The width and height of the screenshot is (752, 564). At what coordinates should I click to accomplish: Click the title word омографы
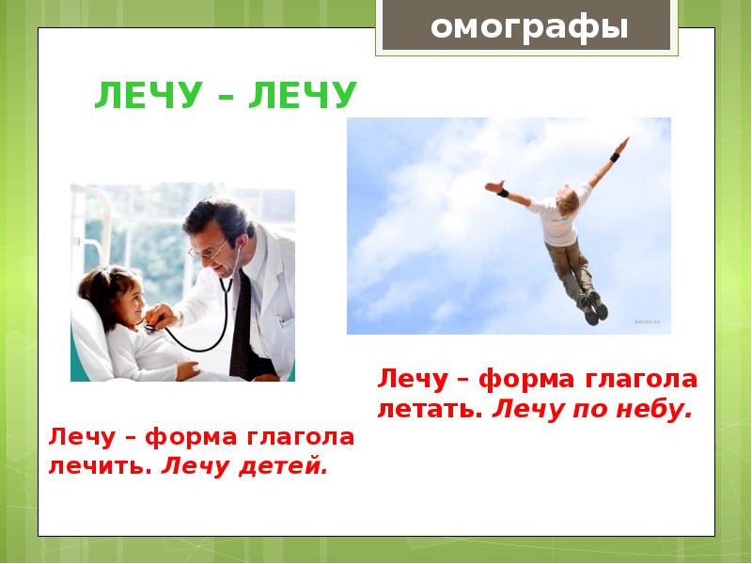click(528, 26)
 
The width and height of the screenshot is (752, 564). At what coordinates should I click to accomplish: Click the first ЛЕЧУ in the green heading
click(144, 97)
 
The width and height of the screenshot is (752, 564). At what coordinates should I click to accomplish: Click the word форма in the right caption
click(516, 381)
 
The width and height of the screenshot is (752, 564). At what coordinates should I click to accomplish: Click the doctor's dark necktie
click(242, 324)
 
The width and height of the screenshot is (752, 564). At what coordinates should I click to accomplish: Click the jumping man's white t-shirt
click(561, 217)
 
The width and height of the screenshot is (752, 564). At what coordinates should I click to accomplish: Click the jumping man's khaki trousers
click(572, 267)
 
